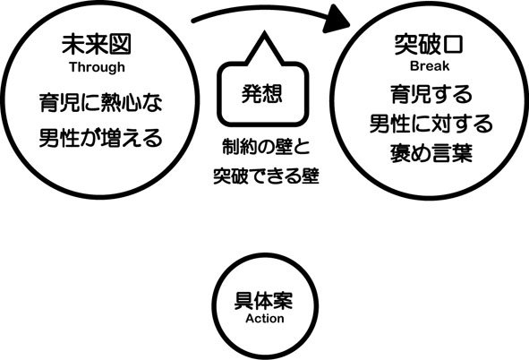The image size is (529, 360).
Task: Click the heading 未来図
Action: coord(96,44)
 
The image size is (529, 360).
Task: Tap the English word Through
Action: coord(98,67)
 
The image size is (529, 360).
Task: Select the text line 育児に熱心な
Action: coord(100,103)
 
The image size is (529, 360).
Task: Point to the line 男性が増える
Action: coord(100,137)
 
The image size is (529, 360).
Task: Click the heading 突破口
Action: coord(429,44)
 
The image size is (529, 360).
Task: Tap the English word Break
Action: coord(430,65)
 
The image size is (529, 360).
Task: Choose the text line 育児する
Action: coord(431,94)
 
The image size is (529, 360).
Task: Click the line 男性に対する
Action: coord(431,124)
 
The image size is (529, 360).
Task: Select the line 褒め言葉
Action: coord(431,153)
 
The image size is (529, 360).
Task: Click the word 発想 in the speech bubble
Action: coord(261,93)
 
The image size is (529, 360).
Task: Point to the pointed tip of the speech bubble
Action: coord(264,32)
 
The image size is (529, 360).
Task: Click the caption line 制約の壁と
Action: coord(266,147)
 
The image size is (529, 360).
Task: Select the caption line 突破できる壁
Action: coord(266,176)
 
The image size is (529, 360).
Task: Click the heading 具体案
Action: coord(263,300)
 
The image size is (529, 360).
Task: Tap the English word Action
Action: coord(265,318)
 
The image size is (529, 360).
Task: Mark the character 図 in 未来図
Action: coord(120,44)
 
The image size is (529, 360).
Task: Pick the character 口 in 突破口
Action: coord(452,44)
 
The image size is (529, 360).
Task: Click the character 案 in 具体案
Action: coord(283,300)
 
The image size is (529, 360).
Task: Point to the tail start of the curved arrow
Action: coord(193,21)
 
